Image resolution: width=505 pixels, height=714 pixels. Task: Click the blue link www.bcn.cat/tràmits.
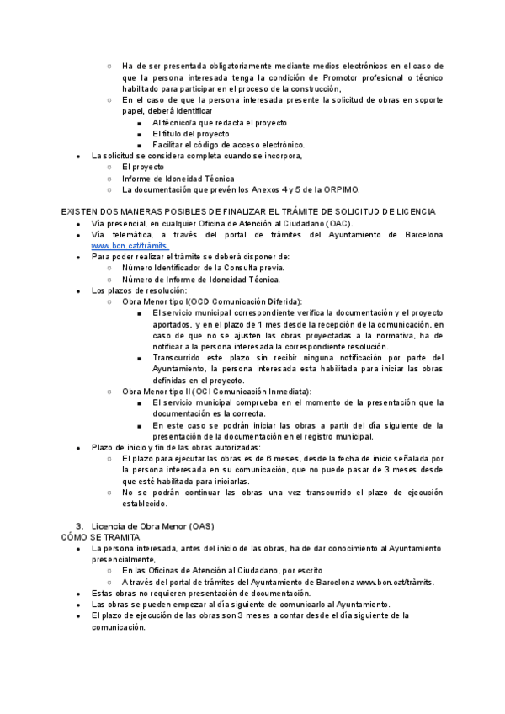130,245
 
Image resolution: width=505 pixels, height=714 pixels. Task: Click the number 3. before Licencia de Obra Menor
80,526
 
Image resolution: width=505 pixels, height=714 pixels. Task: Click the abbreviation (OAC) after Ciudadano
340,223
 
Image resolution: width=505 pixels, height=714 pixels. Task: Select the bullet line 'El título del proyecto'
190,134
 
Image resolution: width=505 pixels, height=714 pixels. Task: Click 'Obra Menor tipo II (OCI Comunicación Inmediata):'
216,392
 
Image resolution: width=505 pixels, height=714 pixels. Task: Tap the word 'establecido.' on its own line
145,504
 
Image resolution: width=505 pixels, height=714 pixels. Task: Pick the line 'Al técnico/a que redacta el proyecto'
220,123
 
